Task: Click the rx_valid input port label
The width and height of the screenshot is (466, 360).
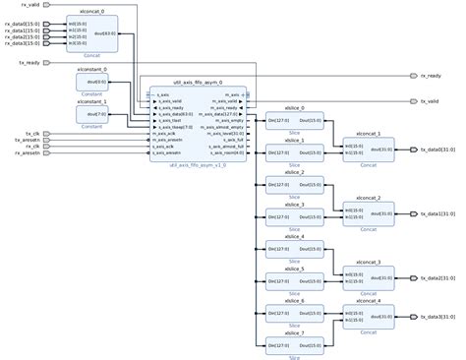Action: point(29,5)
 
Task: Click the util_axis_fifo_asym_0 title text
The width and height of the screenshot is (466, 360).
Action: point(197,84)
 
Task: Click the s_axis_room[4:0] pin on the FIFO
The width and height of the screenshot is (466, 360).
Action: point(227,153)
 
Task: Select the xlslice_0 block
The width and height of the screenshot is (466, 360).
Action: point(294,122)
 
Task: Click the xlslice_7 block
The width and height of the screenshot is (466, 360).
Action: point(294,343)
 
